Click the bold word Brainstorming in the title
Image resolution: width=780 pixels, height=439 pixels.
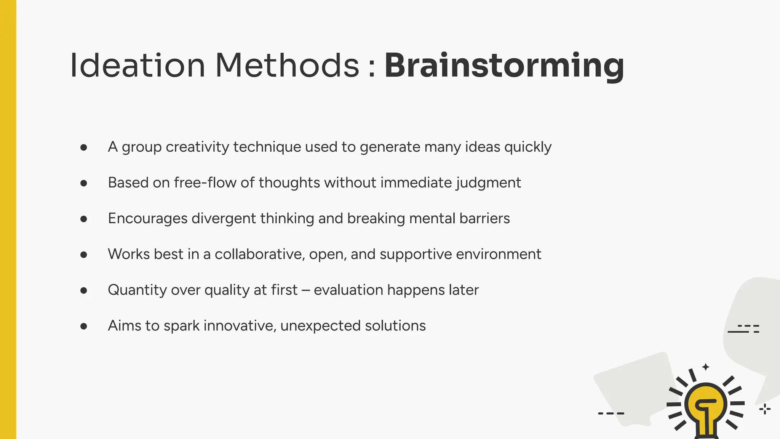pos(504,66)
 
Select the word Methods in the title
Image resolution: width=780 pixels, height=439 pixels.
pos(287,66)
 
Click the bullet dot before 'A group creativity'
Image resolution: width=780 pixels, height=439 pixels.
pos(84,147)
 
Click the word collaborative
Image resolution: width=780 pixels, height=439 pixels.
pos(260,254)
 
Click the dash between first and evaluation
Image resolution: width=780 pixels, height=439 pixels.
pos(305,290)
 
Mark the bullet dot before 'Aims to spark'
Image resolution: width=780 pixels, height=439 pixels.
pos(84,326)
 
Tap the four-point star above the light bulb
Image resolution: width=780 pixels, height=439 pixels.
pos(706,367)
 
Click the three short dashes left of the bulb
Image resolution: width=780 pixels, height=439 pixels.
pos(611,413)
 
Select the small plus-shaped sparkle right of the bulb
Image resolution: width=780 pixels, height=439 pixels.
pos(764,409)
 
